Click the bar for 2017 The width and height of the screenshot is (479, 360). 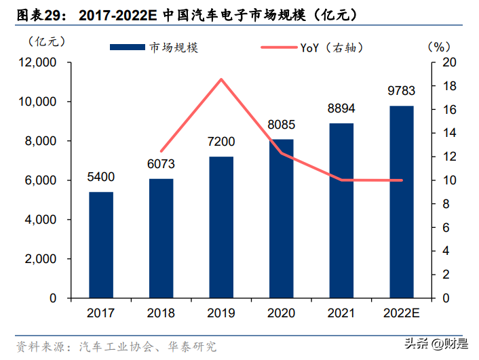[x=101, y=245]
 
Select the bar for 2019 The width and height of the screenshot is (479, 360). [x=221, y=227]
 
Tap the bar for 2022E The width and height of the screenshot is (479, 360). [x=402, y=201]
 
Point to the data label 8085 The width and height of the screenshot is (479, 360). [x=281, y=125]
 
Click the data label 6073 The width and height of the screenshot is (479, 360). [x=161, y=165]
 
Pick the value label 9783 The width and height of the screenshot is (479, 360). [x=402, y=91]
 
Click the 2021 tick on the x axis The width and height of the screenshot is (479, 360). [x=341, y=313]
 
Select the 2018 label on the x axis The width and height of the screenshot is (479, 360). [x=161, y=313]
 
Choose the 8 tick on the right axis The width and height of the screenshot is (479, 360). [x=445, y=204]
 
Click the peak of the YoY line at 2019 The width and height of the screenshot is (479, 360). [x=221, y=79]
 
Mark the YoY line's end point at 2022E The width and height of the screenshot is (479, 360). [x=402, y=180]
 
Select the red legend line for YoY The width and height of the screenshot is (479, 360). [x=279, y=47]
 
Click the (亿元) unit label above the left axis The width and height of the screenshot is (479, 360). [x=46, y=41]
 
